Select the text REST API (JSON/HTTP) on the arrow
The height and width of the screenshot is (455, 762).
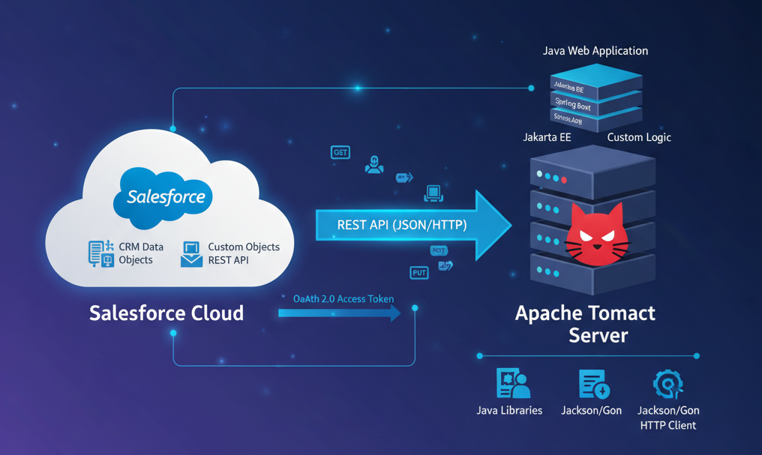click(x=401, y=225)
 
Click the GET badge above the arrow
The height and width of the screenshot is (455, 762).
click(x=340, y=152)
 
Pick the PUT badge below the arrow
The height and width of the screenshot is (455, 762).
click(x=419, y=273)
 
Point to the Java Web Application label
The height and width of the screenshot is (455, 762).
click(x=595, y=51)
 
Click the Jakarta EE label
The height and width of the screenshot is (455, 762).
click(x=547, y=137)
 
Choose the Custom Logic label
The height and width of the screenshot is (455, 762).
click(x=639, y=137)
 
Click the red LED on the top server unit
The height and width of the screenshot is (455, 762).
click(x=564, y=180)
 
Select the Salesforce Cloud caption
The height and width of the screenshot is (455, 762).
click(x=166, y=313)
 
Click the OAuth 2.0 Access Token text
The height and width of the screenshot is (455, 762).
click(x=343, y=298)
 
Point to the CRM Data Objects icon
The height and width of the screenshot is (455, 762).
click(x=100, y=253)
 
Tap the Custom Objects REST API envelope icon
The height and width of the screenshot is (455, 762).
click(x=191, y=254)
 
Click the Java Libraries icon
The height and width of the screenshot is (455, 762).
click(x=513, y=384)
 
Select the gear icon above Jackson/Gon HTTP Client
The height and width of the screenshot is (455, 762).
click(x=667, y=385)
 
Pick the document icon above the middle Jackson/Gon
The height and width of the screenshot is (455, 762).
click(x=593, y=385)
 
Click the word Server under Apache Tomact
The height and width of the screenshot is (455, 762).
click(x=598, y=334)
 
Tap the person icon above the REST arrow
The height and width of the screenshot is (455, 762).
click(x=374, y=165)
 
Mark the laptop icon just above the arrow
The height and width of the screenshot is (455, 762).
click(x=433, y=193)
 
